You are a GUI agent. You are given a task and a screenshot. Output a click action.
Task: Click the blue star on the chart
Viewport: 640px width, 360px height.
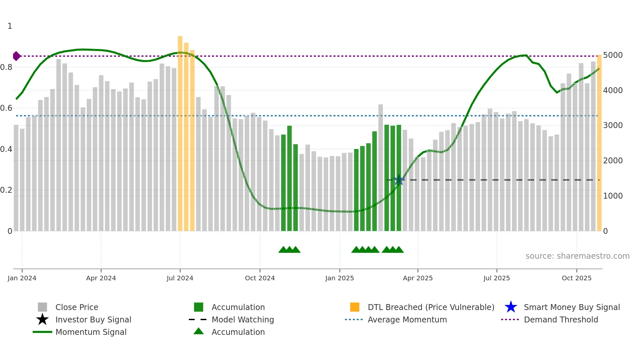click(x=399, y=180)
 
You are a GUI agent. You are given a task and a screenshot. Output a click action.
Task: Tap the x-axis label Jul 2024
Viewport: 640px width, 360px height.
click(x=180, y=278)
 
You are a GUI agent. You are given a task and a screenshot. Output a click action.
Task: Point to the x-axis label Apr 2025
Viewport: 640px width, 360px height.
click(x=418, y=278)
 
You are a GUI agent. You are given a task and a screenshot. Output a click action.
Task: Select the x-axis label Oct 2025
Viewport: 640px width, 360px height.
click(x=576, y=278)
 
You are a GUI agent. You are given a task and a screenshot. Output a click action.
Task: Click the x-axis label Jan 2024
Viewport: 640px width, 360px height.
click(x=22, y=278)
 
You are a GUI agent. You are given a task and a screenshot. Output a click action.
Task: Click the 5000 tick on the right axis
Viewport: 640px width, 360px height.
click(x=613, y=55)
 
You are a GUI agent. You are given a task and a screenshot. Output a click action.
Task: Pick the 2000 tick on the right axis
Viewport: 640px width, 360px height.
click(x=613, y=160)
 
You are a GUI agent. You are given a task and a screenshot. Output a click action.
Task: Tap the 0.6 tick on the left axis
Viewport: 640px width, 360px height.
click(x=6, y=108)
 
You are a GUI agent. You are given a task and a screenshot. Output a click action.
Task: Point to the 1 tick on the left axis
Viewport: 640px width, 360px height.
click(x=10, y=26)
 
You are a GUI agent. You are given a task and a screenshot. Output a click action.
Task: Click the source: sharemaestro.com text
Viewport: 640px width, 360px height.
click(x=577, y=256)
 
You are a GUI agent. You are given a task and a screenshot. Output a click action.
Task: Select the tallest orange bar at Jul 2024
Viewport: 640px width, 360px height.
click(x=180, y=131)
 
